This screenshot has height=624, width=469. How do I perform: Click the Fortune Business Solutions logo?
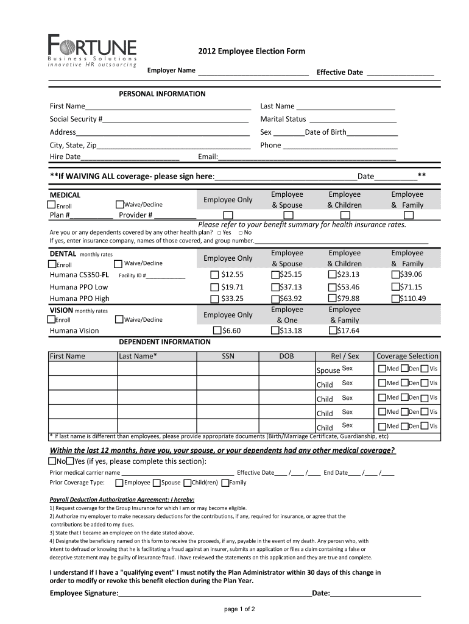[93, 51]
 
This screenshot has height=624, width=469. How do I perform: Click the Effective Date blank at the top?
[400, 73]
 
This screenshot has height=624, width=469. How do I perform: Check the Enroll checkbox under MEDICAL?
[52, 205]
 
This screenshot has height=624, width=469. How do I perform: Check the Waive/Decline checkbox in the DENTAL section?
[119, 263]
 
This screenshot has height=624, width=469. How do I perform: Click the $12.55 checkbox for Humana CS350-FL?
[214, 275]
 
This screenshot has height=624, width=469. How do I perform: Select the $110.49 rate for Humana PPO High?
[396, 299]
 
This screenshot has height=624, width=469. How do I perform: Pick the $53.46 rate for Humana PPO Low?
[332, 287]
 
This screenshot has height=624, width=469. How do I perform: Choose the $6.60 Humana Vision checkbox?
[217, 331]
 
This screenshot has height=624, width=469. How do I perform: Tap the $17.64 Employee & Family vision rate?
[332, 331]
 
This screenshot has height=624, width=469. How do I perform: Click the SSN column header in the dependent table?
[228, 356]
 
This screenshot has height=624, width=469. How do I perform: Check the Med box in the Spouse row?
[382, 369]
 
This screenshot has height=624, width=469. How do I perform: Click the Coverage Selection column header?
[407, 356]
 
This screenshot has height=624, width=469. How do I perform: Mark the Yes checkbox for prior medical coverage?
[69, 461]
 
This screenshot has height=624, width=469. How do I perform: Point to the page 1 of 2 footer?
[239, 609]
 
